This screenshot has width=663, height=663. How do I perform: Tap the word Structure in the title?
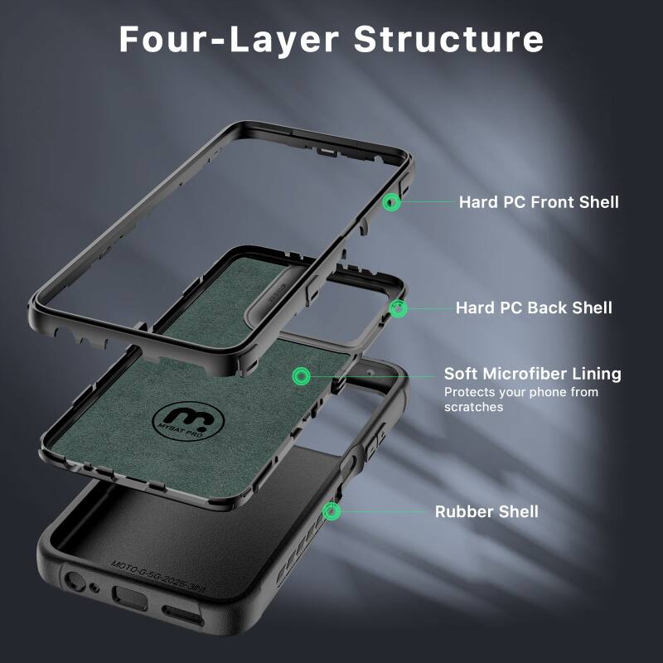(x=448, y=39)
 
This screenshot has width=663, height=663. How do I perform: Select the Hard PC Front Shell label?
(x=539, y=201)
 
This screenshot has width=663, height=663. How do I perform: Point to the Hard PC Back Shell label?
(x=534, y=307)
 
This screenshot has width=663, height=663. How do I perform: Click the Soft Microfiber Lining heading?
(x=532, y=374)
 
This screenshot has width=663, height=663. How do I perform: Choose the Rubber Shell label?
(x=486, y=511)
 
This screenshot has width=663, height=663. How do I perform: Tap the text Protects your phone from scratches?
(x=520, y=399)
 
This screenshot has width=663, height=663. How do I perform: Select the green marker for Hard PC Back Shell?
(x=399, y=308)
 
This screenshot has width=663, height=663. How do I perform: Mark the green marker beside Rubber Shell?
(x=332, y=511)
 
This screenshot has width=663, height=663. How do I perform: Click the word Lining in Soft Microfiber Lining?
(x=592, y=374)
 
